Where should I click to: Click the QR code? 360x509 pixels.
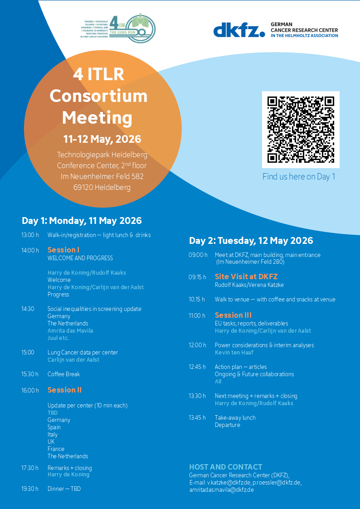[x=301, y=130]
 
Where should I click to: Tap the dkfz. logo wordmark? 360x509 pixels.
[x=239, y=30]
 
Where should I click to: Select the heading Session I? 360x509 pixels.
[x=63, y=250]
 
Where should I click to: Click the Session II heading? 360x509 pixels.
[x=64, y=390]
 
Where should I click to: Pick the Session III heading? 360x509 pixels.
[x=233, y=315]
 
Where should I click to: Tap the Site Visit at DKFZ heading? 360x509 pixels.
[x=246, y=276]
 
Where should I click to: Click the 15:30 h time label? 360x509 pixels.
[x=30, y=374]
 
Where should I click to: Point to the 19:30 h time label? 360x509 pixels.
[x=30, y=489]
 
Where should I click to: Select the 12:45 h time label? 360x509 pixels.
[x=197, y=367]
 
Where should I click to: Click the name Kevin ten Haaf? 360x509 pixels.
[x=234, y=352]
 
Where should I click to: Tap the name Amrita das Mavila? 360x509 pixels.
[x=70, y=330]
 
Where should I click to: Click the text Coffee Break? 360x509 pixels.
[x=63, y=374]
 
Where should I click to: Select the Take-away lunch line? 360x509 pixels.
[x=235, y=417]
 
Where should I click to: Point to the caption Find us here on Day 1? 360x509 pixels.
[x=299, y=176]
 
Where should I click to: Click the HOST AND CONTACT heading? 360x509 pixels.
[x=226, y=467]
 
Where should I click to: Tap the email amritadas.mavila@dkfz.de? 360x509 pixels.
[x=221, y=490]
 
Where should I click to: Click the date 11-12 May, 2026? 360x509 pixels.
[x=102, y=139]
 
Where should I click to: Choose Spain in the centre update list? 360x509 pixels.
[x=54, y=427]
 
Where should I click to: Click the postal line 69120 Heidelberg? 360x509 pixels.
[x=102, y=187]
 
